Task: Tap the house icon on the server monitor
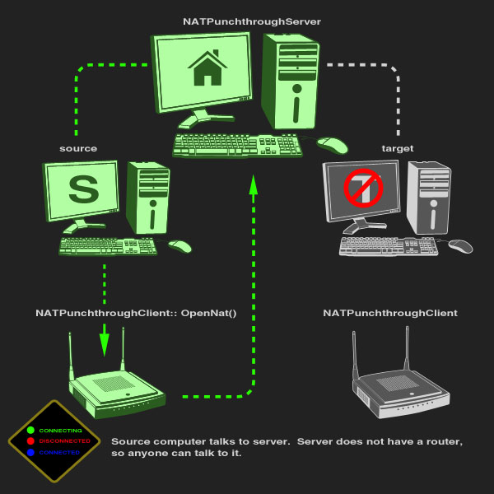pos(209,69)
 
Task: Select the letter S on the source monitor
pos(82,189)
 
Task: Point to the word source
pos(78,148)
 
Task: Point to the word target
pos(398,148)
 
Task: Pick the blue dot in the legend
pos(30,452)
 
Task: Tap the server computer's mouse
pos(333,145)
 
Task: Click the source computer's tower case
pos(148,198)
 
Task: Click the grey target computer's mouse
pos(460,245)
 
